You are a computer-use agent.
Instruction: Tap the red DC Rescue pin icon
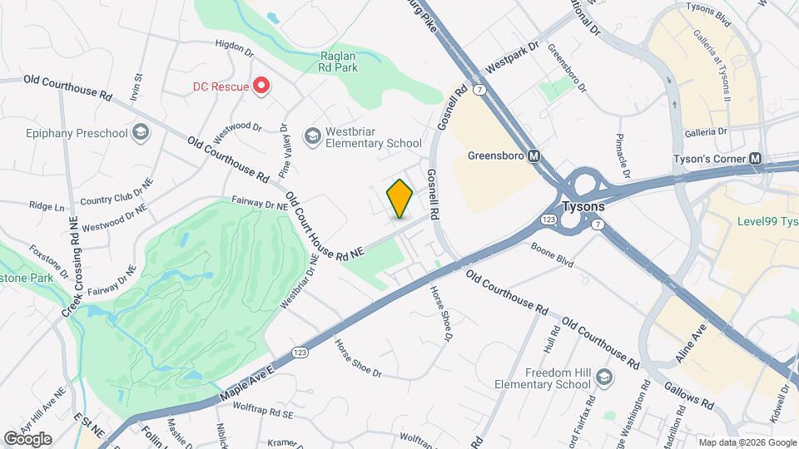pyautogui.click(x=261, y=86)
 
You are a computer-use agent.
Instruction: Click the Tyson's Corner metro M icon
pyautogui.click(x=755, y=159)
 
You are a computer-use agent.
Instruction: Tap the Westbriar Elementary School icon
pyautogui.click(x=312, y=136)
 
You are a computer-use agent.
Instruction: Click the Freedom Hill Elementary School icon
pyautogui.click(x=605, y=378)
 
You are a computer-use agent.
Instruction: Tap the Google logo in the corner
pyautogui.click(x=27, y=438)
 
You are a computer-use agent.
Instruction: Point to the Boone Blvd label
pyautogui.click(x=553, y=254)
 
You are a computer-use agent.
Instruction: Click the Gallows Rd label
pyautogui.click(x=690, y=395)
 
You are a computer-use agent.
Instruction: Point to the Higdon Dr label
pyautogui.click(x=233, y=47)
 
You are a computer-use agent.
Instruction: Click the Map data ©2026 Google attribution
pyautogui.click(x=747, y=442)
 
